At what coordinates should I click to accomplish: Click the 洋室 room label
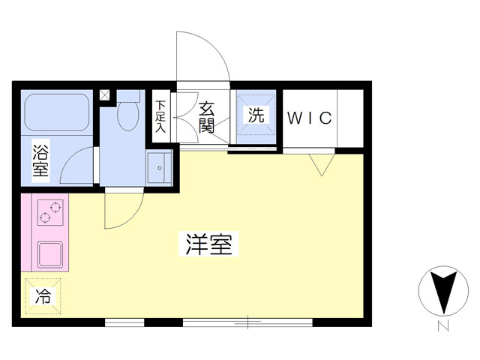208,244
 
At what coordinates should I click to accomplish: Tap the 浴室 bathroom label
40,160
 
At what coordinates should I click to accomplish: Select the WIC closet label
310,118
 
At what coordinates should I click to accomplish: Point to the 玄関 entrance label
206,118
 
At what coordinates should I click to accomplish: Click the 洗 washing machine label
256,115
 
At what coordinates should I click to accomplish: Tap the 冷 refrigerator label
43,296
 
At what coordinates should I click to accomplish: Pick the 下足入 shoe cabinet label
160,117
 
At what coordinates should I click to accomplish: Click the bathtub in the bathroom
57,112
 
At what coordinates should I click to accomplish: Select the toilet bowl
128,115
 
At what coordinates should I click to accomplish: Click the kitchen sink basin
50,253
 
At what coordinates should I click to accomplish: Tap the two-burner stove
50,212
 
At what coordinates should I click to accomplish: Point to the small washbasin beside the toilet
159,168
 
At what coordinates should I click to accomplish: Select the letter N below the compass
443,325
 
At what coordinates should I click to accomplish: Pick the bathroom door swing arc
72,159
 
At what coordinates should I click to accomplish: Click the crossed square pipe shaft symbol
104,95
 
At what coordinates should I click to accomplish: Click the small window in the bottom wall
124,322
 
